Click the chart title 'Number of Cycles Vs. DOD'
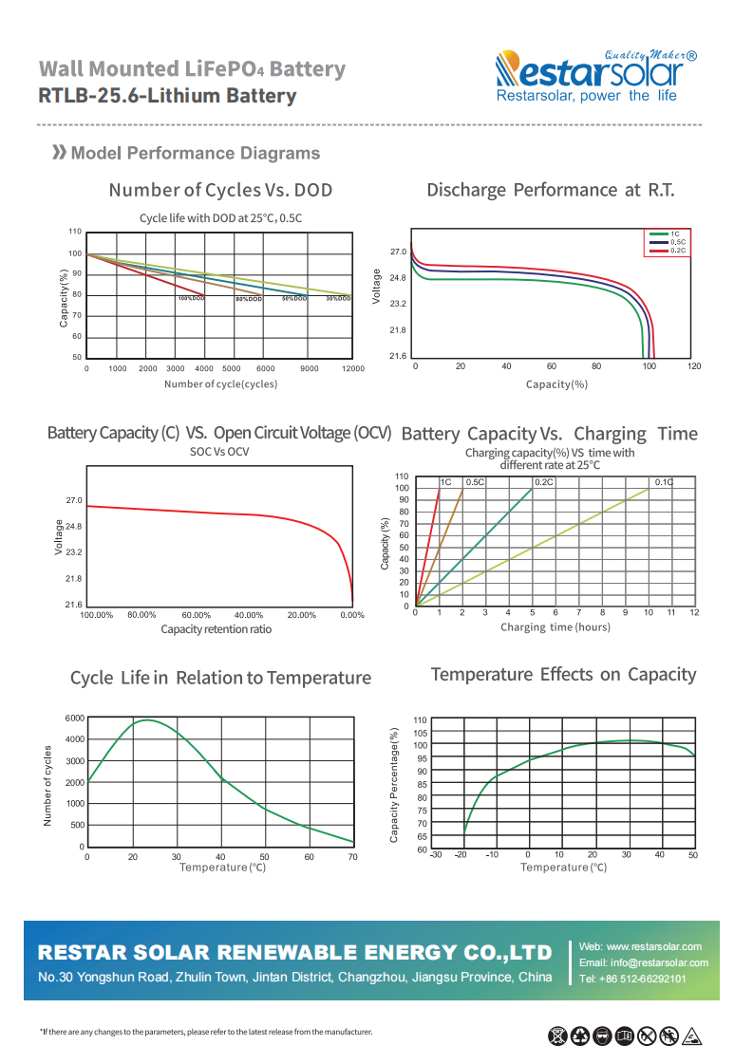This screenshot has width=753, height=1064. click(220, 190)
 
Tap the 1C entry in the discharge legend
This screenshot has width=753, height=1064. click(675, 233)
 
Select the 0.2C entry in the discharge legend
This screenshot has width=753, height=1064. click(677, 250)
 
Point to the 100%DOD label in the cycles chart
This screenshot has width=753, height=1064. click(191, 299)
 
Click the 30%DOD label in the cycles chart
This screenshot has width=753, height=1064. click(338, 299)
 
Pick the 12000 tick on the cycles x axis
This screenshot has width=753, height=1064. click(352, 368)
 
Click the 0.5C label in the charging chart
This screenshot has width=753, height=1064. click(475, 482)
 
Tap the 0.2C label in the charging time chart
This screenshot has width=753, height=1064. click(544, 482)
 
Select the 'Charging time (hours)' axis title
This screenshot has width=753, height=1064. click(555, 627)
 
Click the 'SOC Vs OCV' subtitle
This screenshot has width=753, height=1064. click(219, 452)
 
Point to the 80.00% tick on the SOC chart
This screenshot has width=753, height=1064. click(141, 615)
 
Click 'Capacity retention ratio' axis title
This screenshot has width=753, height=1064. click(216, 629)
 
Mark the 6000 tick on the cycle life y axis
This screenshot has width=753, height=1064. click(75, 718)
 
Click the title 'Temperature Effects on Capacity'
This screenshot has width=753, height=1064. click(563, 675)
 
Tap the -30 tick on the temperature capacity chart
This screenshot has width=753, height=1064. click(435, 855)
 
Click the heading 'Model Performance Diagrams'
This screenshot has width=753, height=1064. click(196, 154)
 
